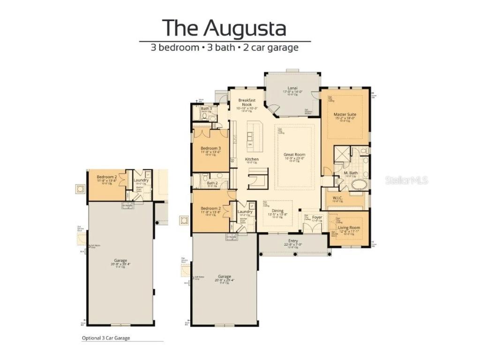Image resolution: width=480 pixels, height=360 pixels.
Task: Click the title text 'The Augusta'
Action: [224, 28]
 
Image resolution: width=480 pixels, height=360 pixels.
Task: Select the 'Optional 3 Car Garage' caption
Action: [106, 337]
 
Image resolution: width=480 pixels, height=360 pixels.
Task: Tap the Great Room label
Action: [294, 155]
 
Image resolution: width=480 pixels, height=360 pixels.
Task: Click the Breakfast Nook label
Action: [246, 102]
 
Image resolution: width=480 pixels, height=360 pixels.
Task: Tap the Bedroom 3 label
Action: [211, 148]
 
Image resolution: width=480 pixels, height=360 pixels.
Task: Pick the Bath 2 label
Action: [212, 183]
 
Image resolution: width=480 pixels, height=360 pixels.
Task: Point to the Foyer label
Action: [317, 217]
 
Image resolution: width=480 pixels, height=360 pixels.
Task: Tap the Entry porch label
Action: [293, 241]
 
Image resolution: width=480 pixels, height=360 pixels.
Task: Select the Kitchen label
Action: [252, 159]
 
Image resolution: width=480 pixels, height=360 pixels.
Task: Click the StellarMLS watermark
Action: [406, 180]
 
